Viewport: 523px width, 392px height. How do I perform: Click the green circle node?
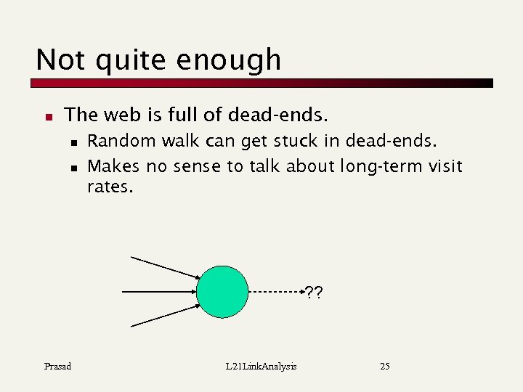tap(222, 292)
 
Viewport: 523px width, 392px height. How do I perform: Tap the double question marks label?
tap(314, 293)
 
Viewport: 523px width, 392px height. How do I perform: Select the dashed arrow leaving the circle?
tap(276, 292)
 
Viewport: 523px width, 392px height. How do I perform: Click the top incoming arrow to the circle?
tap(166, 267)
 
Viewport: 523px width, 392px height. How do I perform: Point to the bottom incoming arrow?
tap(166, 317)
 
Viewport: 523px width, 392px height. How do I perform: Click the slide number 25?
tap(385, 367)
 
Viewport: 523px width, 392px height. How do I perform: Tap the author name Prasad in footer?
tap(57, 367)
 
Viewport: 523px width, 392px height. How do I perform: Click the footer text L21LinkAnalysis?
tap(261, 367)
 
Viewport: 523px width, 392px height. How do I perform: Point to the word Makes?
tap(113, 166)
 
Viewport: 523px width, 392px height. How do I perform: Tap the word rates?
tap(110, 187)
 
